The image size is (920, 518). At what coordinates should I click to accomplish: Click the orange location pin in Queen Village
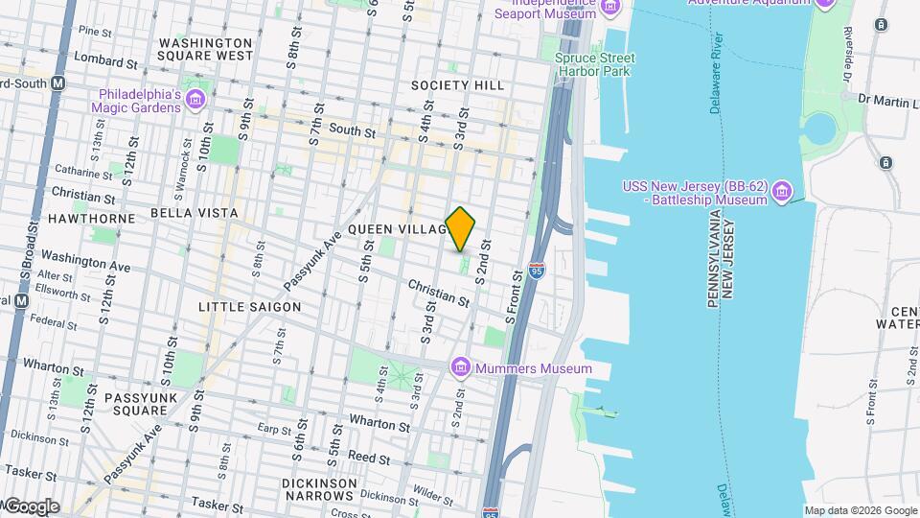coord(460,228)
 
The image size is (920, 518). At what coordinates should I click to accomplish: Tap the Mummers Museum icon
coord(461,367)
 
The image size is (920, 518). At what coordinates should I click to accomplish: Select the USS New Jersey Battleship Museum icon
coord(781,192)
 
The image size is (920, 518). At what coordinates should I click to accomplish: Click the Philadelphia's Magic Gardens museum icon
coord(195,100)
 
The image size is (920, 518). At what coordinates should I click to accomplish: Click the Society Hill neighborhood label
coord(457,85)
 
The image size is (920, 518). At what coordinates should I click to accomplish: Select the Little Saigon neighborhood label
coord(249,307)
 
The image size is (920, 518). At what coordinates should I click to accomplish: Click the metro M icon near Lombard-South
coord(58,83)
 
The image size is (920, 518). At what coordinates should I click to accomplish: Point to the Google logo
coord(31,506)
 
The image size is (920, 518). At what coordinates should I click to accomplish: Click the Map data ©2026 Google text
coord(860,511)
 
